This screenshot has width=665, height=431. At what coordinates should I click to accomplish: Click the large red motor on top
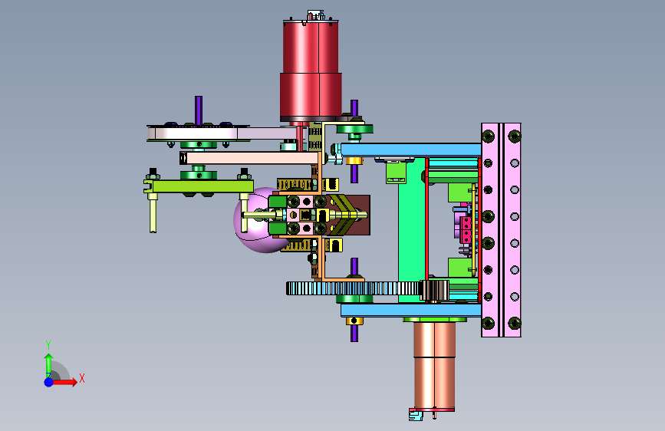coord(311,70)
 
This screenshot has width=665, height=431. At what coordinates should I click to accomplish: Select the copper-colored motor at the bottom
coord(434,366)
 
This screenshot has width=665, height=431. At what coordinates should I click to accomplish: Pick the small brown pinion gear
coord(434,290)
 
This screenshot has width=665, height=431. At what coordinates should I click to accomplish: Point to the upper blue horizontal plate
coord(410,150)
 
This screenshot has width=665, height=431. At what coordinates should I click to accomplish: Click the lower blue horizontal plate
coord(410,310)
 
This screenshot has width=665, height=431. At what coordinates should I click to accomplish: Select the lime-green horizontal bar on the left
coord(199,186)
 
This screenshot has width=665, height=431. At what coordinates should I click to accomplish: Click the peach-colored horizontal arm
coord(249,158)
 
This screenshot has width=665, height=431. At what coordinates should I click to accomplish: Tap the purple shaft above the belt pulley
coord(198,110)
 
